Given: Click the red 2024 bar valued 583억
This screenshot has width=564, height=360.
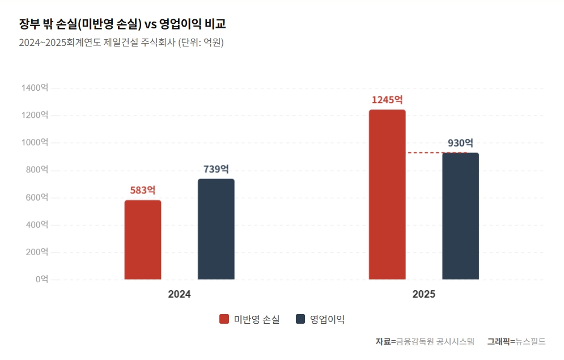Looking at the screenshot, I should (x=143, y=240).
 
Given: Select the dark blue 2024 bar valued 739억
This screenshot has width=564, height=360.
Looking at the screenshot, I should (x=216, y=229).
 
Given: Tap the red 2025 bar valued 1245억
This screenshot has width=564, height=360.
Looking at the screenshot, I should (x=387, y=194).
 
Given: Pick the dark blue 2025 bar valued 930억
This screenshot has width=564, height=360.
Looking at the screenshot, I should (x=460, y=216).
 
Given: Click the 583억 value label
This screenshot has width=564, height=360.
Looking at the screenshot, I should (x=143, y=190).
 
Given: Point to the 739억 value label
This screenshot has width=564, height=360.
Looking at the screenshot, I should (x=216, y=169).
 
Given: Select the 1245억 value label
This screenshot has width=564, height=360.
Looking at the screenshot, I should (x=387, y=100).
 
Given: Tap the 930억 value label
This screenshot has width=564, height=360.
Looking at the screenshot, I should (x=460, y=143).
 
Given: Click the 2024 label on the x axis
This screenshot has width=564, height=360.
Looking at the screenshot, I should (x=179, y=295).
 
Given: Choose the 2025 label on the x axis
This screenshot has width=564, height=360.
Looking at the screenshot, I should (x=423, y=295).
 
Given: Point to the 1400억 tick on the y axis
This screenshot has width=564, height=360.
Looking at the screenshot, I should (x=35, y=88).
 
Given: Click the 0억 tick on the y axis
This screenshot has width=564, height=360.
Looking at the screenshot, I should (x=41, y=279).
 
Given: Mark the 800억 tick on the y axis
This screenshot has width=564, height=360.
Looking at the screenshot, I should (x=37, y=170).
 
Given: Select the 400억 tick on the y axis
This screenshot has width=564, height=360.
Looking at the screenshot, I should (x=37, y=225).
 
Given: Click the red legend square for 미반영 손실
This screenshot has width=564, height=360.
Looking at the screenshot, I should (x=224, y=319).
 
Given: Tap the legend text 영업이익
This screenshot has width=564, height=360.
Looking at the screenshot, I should (x=327, y=319).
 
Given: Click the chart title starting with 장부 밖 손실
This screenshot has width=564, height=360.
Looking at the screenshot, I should (x=122, y=24).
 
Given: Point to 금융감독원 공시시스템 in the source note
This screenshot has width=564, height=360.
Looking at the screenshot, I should (x=435, y=341).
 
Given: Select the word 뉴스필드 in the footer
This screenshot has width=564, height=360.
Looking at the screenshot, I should (x=531, y=341).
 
